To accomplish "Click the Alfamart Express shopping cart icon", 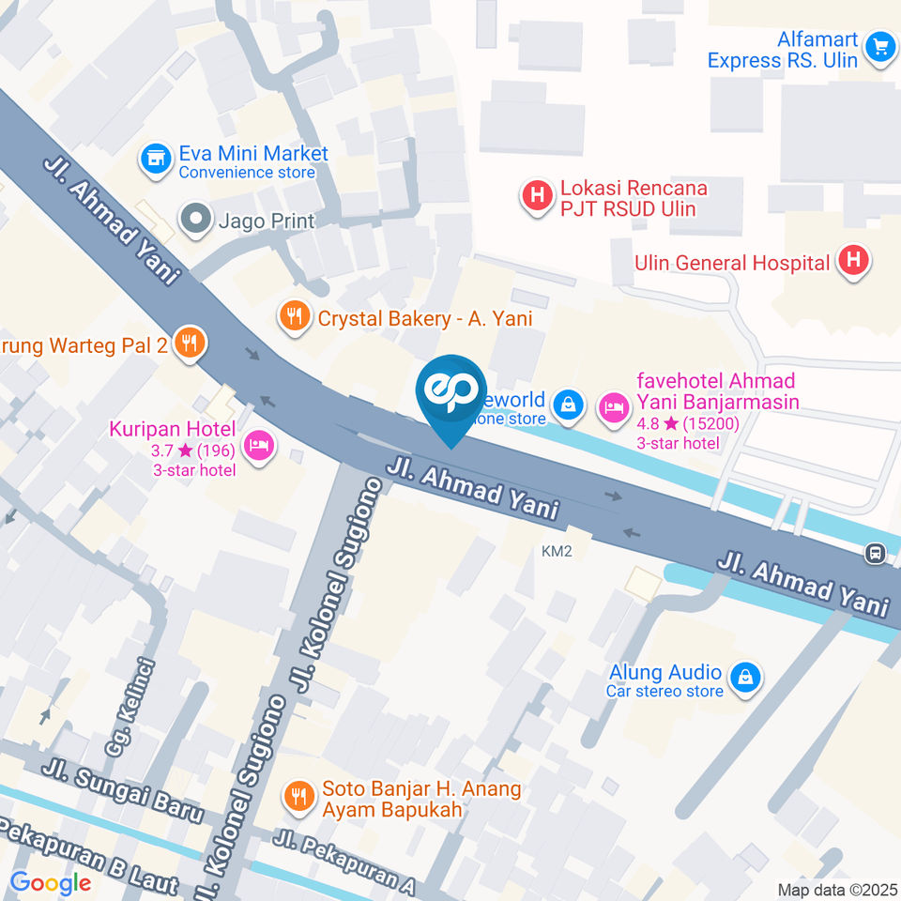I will pyautogui.click(x=879, y=46).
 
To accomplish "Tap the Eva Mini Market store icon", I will pyautogui.click(x=155, y=159).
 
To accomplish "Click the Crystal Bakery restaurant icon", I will pyautogui.click(x=295, y=317).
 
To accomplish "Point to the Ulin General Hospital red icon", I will pyautogui.click(x=853, y=262).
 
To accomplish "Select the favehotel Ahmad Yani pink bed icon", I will pyautogui.click(x=613, y=406).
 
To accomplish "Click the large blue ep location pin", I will pyautogui.click(x=451, y=394).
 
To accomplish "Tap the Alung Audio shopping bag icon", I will pyautogui.click(x=745, y=678).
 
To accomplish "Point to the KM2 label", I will pyautogui.click(x=557, y=551).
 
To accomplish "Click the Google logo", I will pyautogui.click(x=50, y=882).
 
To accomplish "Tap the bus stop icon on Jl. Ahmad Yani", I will pyautogui.click(x=876, y=554).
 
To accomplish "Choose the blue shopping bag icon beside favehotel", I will pyautogui.click(x=567, y=405).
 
